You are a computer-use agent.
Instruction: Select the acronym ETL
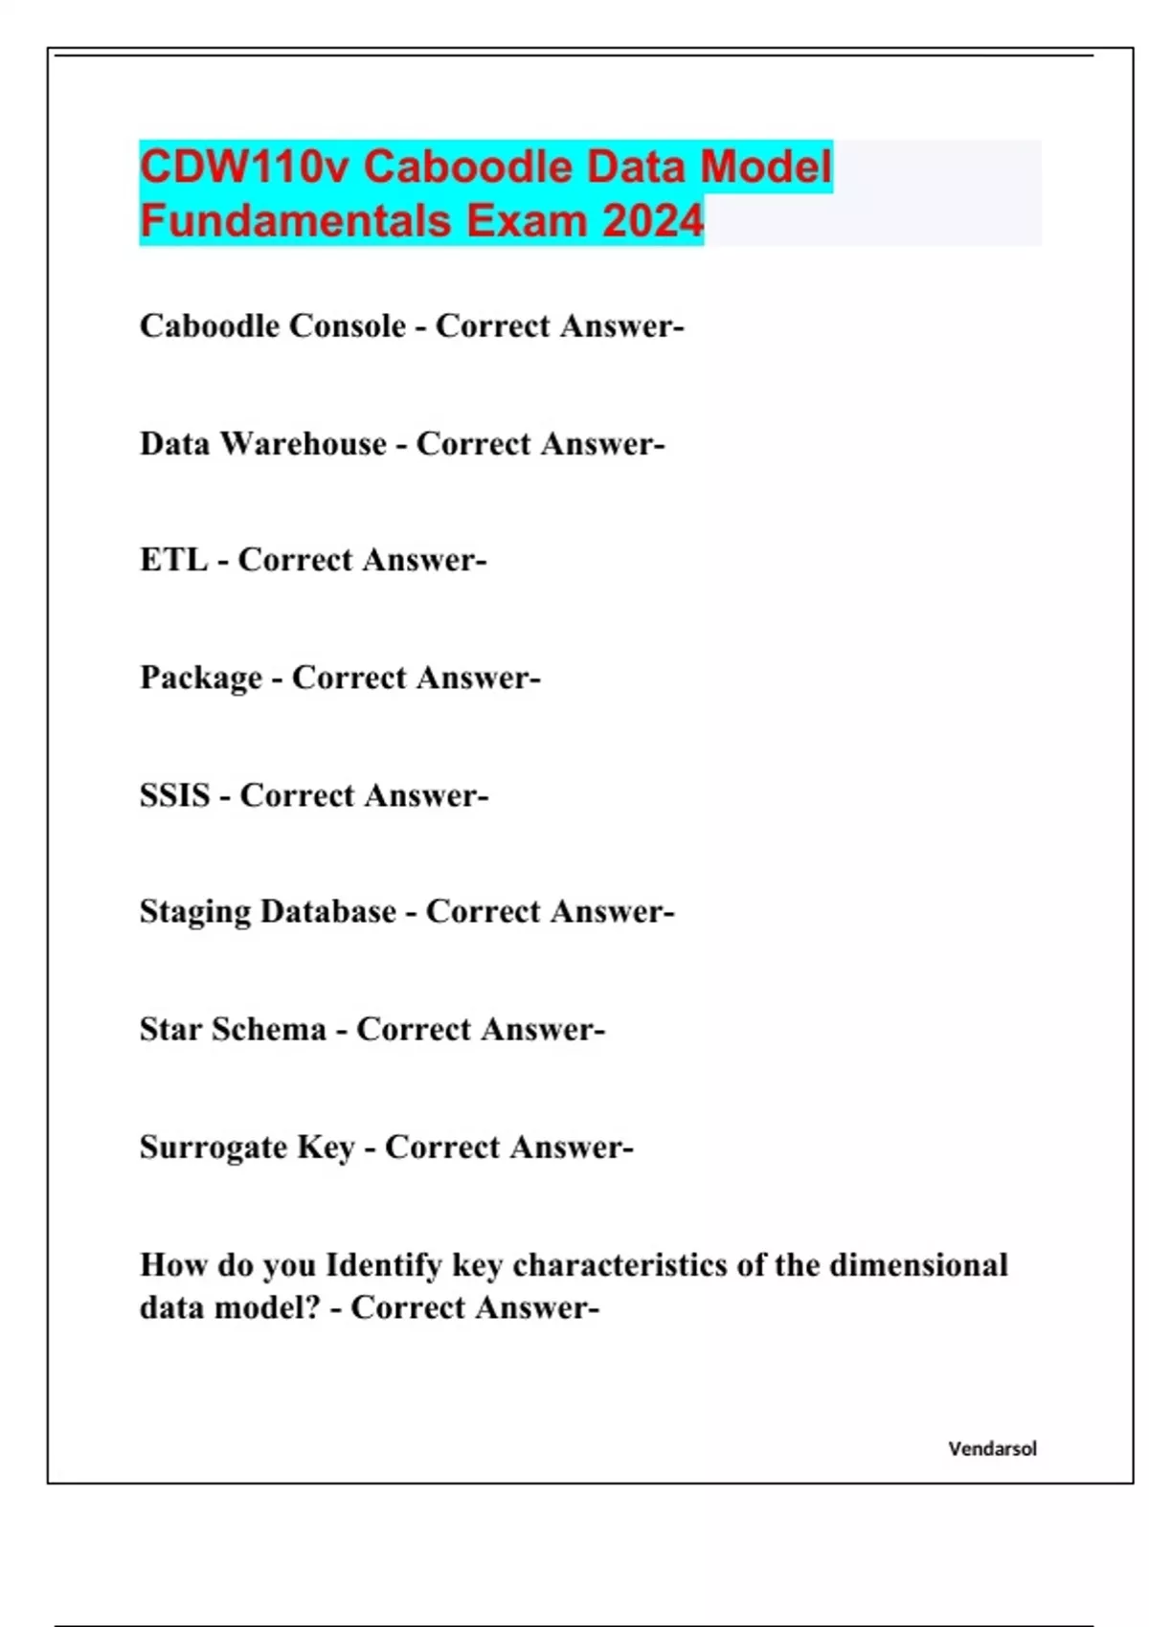click(x=173, y=560)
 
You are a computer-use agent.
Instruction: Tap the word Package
click(x=200, y=679)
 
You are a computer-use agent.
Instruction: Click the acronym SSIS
click(x=174, y=795)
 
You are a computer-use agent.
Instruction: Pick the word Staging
click(x=195, y=912)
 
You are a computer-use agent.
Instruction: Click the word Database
click(x=327, y=912)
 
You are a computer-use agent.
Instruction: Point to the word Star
click(x=170, y=1030)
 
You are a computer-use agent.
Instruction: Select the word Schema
click(x=268, y=1030)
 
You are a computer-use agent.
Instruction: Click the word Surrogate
click(x=214, y=1148)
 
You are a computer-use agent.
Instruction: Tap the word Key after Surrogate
click(x=326, y=1148)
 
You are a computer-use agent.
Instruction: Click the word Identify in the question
click(x=384, y=1265)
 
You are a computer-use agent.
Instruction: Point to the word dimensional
click(x=918, y=1265)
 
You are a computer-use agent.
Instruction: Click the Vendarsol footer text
click(x=992, y=1449)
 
